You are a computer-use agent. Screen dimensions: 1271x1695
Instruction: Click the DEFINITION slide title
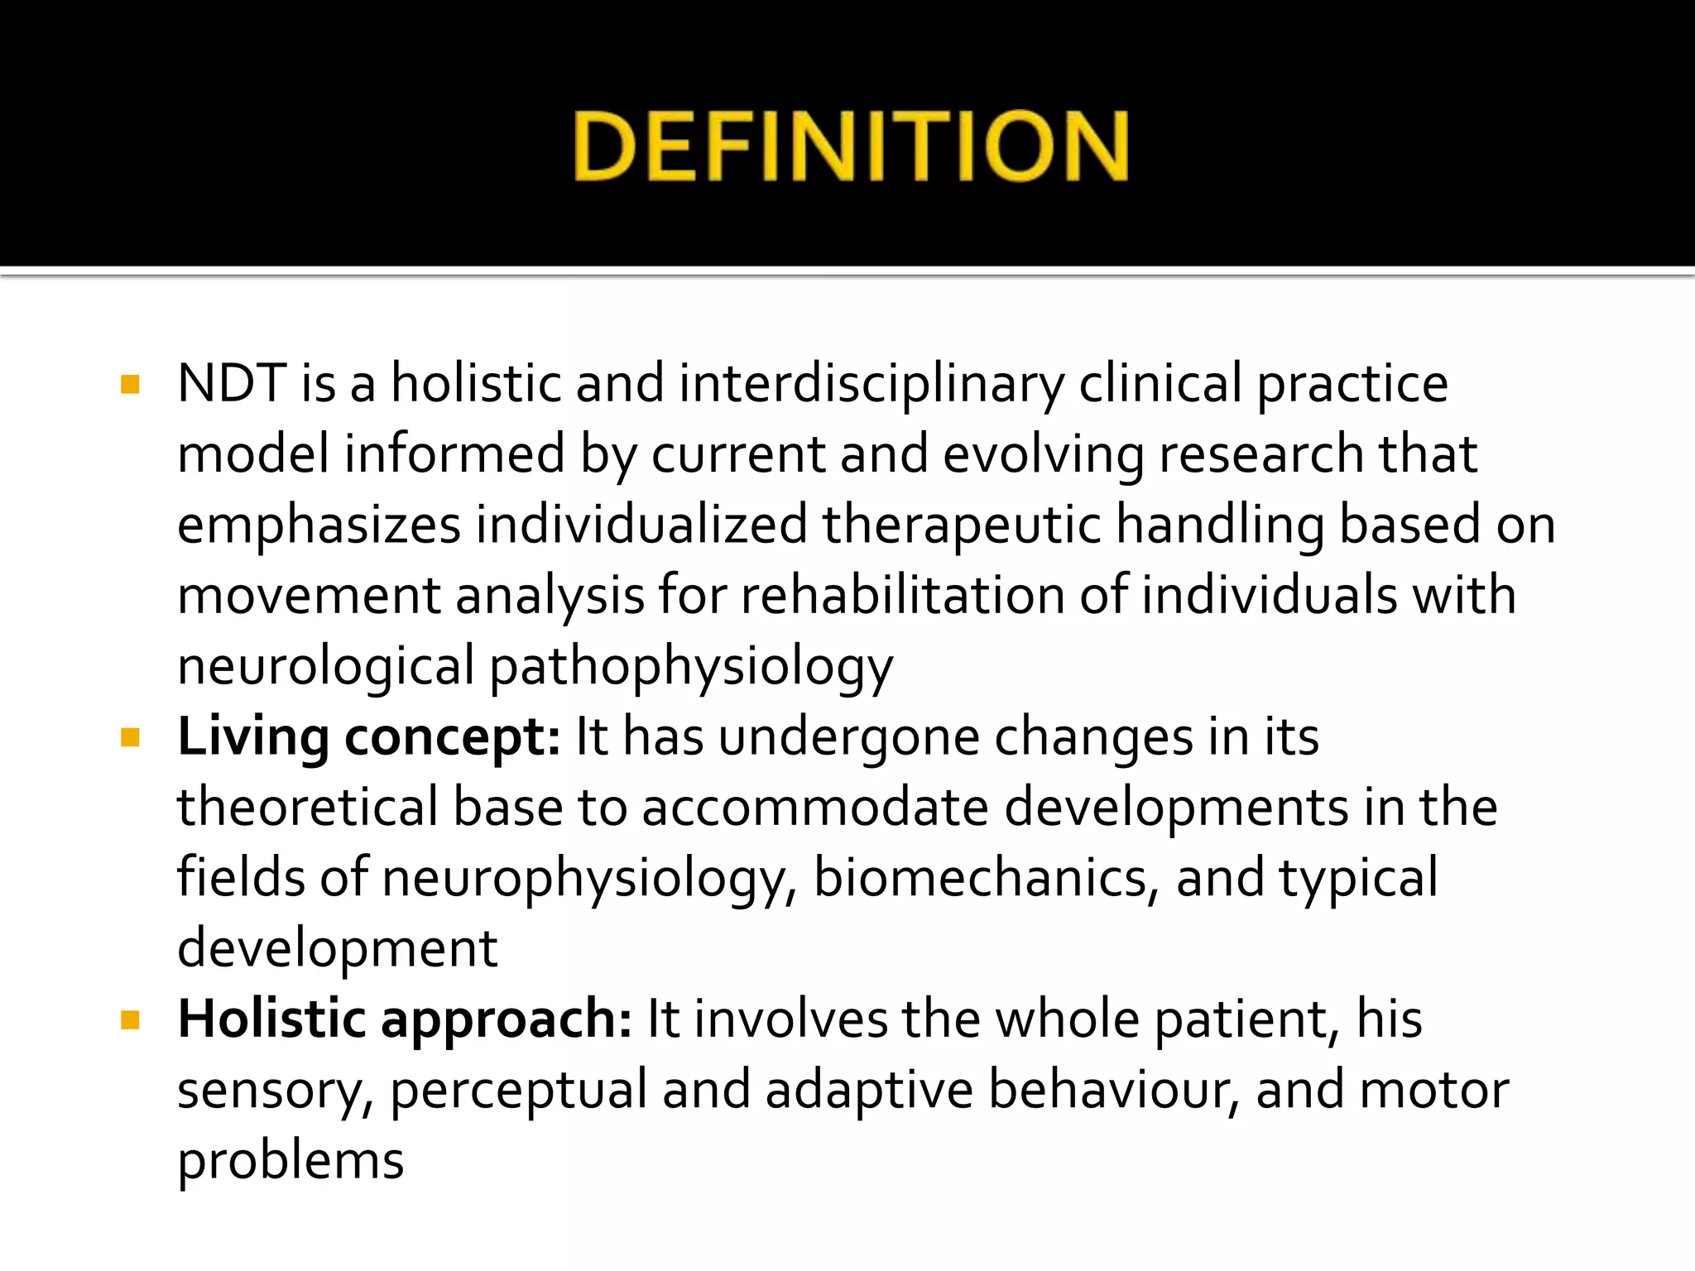(x=851, y=146)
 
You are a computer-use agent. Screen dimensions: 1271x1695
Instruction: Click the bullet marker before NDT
(x=130, y=384)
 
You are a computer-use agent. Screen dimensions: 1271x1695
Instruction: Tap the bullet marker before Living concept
(x=130, y=736)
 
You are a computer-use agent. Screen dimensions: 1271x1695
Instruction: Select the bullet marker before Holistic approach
(x=130, y=1019)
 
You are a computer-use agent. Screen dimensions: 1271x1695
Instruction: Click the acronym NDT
(x=232, y=384)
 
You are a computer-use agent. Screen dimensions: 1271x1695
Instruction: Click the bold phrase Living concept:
(x=369, y=737)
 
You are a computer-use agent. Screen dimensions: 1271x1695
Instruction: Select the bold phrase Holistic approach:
(x=405, y=1020)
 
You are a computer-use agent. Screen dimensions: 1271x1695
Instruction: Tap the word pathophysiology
(x=691, y=668)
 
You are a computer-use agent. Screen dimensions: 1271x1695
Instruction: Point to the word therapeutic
(x=962, y=526)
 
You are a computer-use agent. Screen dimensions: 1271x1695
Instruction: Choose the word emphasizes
(x=319, y=526)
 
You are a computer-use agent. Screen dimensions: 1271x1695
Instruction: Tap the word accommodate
(x=815, y=808)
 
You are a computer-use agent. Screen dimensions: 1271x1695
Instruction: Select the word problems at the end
(x=291, y=1162)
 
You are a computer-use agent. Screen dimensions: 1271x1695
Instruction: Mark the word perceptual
(x=518, y=1091)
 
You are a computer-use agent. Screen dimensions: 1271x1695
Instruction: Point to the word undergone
(x=848, y=737)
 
